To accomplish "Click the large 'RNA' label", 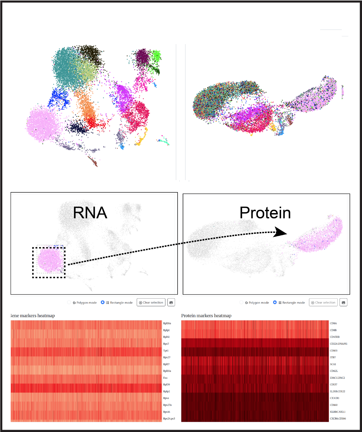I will pyautogui.click(x=90, y=213).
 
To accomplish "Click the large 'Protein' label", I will pyautogui.click(x=265, y=213).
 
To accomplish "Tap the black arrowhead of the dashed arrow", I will pyautogui.click(x=281, y=232).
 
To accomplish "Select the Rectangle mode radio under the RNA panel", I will pyautogui.click(x=103, y=302).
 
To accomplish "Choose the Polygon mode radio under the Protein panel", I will pyautogui.click(x=241, y=302).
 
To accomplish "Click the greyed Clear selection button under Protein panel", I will pyautogui.click(x=323, y=302).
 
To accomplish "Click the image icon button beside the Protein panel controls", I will pyautogui.click(x=343, y=302).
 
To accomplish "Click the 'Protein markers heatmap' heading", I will pyautogui.click(x=206, y=316).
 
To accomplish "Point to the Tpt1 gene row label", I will pyautogui.click(x=166, y=350).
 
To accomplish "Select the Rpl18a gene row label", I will pyautogui.click(x=167, y=323).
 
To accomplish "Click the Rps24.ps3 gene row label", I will pyautogui.click(x=169, y=418).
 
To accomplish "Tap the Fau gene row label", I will pyautogui.click(x=165, y=378).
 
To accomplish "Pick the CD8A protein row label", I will pyautogui.click(x=333, y=323).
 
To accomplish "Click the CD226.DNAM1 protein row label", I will pyautogui.click(x=338, y=344).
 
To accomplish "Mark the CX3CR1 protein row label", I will pyautogui.click(x=335, y=398).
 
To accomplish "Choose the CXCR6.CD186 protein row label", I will pyautogui.click(x=338, y=418).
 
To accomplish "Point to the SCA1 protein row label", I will pyautogui.click(x=333, y=364).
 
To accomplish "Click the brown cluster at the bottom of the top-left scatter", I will pyautogui.click(x=93, y=162).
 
